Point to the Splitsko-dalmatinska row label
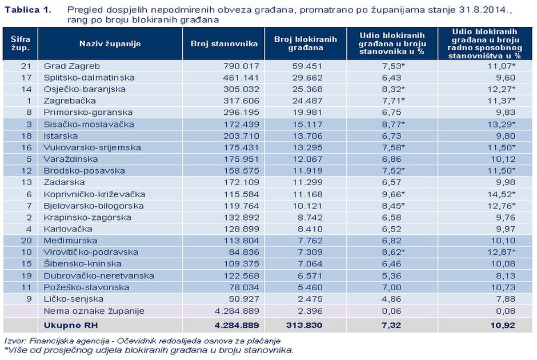[x=81, y=78]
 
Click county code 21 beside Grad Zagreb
[x=25, y=66]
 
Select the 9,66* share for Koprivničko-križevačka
[x=389, y=194]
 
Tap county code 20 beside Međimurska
[x=25, y=241]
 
